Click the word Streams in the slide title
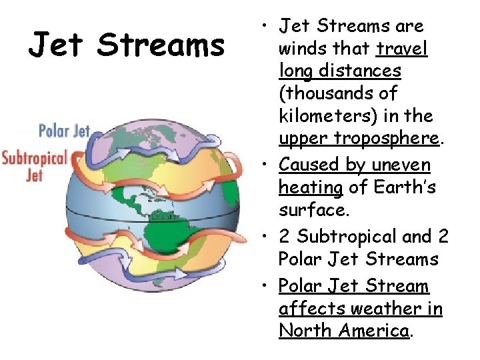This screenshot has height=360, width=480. [x=161, y=46]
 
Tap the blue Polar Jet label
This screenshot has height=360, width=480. [x=64, y=131]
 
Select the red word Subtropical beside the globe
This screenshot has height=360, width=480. [x=35, y=159]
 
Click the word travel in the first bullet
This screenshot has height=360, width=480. [x=402, y=49]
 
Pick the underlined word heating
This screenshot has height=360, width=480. [x=310, y=187]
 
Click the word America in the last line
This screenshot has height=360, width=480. [x=374, y=330]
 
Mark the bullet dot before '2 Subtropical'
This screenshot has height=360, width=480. [x=265, y=236]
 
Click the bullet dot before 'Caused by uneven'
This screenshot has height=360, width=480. [x=265, y=164]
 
